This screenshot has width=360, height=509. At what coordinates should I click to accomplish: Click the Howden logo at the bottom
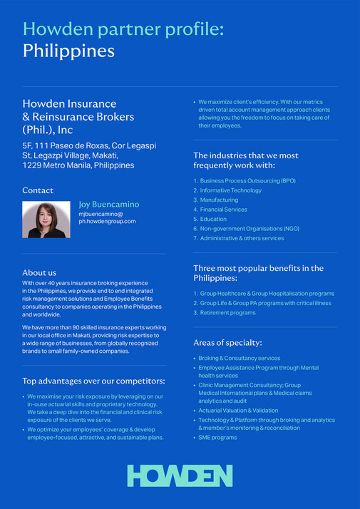(x=180, y=476)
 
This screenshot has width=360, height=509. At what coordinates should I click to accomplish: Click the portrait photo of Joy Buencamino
(x=46, y=220)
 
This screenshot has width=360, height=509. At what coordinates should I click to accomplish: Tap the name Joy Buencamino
(x=109, y=205)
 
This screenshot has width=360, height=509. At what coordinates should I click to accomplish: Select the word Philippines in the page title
(x=68, y=51)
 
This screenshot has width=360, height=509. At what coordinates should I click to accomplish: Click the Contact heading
(x=38, y=190)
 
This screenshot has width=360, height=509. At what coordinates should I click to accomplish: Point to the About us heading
(x=39, y=272)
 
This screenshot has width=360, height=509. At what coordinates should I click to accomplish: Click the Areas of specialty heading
(x=227, y=342)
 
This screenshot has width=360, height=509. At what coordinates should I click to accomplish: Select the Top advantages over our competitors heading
(x=93, y=381)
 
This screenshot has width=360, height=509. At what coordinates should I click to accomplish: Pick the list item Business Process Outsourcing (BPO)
(x=247, y=180)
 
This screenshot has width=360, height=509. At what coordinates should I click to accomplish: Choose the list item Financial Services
(x=223, y=210)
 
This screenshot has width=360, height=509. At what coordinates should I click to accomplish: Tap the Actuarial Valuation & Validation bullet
(x=238, y=411)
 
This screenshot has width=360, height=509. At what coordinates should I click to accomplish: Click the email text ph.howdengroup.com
(x=107, y=221)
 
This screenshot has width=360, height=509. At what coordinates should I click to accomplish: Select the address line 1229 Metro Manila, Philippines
(x=78, y=165)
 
